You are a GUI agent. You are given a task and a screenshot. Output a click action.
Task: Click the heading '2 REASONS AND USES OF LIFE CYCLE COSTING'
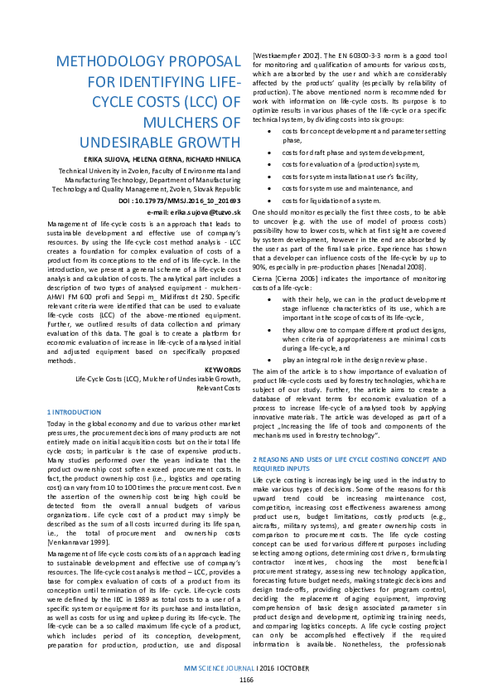[x=347, y=458]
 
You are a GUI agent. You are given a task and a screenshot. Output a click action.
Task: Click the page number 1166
[x=246, y=679]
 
